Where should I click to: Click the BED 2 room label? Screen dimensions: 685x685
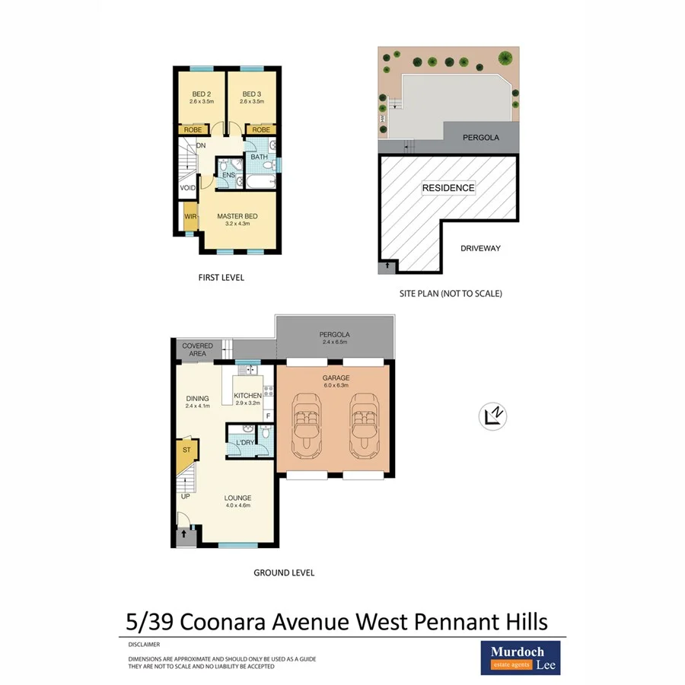tap(201, 94)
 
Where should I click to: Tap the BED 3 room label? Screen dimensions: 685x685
tap(252, 94)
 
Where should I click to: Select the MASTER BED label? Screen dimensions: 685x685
tap(237, 216)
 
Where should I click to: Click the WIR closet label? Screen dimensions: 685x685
tap(190, 217)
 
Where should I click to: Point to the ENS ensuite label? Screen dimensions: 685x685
tap(228, 175)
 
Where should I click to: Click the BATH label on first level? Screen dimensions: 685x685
tap(260, 158)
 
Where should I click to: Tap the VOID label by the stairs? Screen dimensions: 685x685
tap(186, 187)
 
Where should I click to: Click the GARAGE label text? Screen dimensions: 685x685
tap(335, 378)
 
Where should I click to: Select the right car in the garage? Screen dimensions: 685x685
tap(363, 425)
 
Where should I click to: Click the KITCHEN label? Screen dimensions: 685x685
tap(247, 396)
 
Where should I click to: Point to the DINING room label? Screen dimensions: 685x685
tap(197, 398)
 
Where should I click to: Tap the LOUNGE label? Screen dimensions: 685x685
tap(237, 499)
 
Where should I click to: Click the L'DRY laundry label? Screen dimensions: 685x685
tap(244, 442)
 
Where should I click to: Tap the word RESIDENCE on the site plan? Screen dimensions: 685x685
tap(448, 188)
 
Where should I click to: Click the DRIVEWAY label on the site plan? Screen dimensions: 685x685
tap(480, 248)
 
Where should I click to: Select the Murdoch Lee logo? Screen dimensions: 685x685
tap(521, 658)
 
